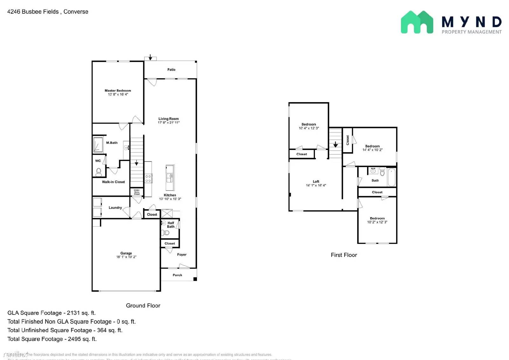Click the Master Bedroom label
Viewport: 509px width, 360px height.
click(x=118, y=91)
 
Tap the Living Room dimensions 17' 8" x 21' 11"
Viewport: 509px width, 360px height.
click(x=169, y=123)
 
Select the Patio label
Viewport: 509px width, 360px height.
click(x=171, y=69)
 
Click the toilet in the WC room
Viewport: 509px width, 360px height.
click(x=99, y=172)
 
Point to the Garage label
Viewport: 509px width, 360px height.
click(x=126, y=253)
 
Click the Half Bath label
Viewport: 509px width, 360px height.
click(x=171, y=225)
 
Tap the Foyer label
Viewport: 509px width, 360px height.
click(x=182, y=255)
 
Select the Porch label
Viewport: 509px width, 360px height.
click(x=177, y=275)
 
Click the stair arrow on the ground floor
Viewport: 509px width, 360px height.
click(x=136, y=163)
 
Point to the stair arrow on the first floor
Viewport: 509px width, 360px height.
click(x=335, y=145)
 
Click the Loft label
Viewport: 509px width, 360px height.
click(x=316, y=181)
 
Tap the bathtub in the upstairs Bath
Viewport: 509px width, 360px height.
click(x=391, y=177)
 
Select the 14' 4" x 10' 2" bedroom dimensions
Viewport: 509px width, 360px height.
click(x=372, y=150)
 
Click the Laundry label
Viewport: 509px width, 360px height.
click(x=115, y=208)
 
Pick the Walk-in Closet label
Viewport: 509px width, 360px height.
click(x=113, y=182)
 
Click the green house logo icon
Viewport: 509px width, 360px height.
click(x=417, y=22)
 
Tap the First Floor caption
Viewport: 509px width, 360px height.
click(x=344, y=255)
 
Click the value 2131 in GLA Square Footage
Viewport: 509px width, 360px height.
click(x=73, y=313)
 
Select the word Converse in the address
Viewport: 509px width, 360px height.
click(x=76, y=12)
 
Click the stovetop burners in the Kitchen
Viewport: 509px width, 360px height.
click(x=148, y=178)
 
